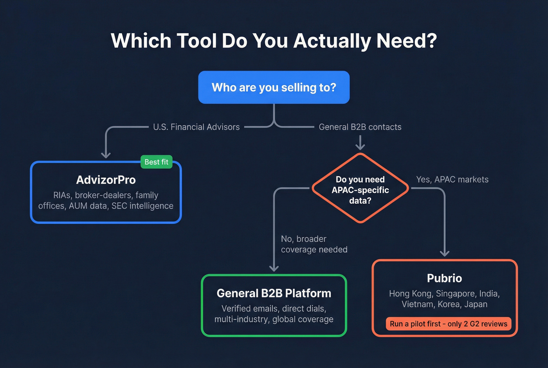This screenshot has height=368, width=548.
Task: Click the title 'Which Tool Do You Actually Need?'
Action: pos(274,41)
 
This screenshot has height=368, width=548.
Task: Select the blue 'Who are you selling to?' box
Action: pos(274,87)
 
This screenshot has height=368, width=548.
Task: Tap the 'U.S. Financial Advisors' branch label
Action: pos(196,127)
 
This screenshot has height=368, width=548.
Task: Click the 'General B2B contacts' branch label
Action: pos(360,127)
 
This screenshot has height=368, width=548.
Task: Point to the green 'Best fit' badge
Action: pos(156,162)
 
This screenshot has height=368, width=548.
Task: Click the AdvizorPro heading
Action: pos(106,180)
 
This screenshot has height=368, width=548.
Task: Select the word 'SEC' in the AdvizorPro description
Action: pos(120,206)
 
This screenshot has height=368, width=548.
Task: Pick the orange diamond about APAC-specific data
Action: pos(360,190)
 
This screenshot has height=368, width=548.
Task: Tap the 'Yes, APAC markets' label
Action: pos(452,179)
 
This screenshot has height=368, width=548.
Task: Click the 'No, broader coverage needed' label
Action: pos(314,244)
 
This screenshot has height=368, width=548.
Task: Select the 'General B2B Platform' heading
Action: pos(274,293)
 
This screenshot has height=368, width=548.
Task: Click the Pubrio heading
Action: pos(444,278)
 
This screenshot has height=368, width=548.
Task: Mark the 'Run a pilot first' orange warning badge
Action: pos(448,324)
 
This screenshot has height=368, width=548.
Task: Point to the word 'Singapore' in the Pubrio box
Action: pos(456,294)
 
